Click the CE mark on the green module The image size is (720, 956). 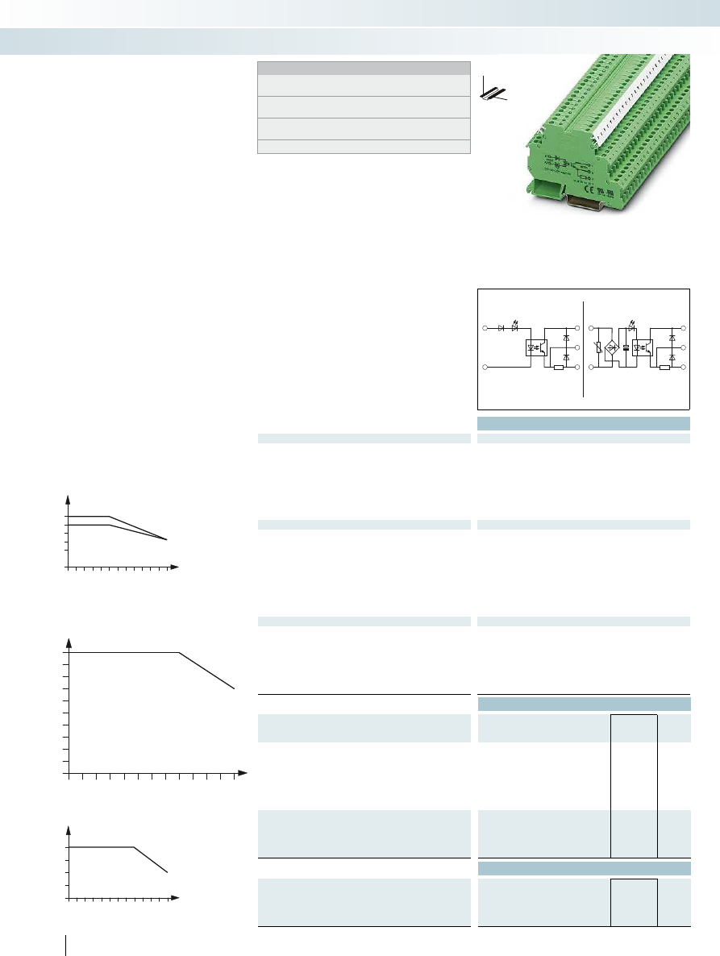589,192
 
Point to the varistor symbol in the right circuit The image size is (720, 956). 597,347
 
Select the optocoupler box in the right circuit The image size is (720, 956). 643,347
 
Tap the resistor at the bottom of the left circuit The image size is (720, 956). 558,367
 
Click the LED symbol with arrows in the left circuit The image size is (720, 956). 514,328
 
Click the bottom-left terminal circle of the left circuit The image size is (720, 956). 485,367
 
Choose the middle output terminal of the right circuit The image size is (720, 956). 684,347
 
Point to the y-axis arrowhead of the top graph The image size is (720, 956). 68,497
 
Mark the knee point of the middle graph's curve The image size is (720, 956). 178,652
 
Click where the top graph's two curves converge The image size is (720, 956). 167,539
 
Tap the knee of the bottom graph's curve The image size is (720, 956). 133,847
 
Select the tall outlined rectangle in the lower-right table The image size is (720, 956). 634,785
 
